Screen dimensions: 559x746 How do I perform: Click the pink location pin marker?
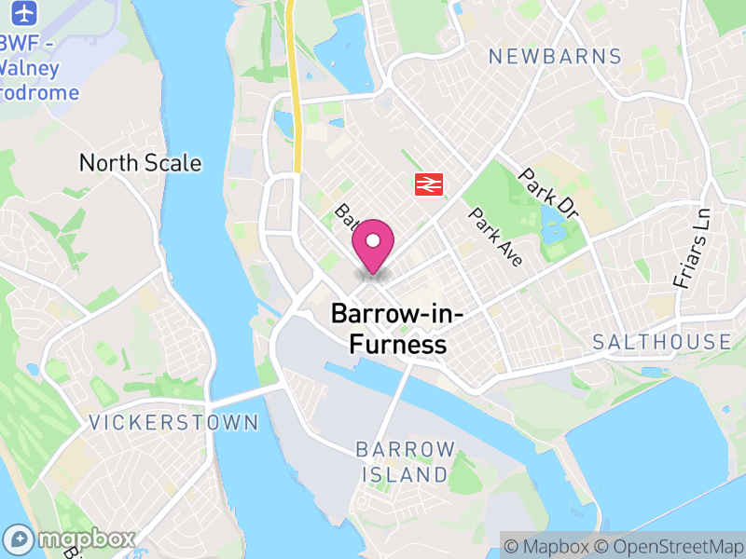coord(373,244)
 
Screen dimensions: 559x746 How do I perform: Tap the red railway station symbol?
coord(428,184)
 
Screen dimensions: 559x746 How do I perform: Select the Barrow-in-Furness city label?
coord(398,329)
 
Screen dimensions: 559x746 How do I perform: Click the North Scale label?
coord(140,163)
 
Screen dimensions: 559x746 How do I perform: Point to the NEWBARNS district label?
coord(555,57)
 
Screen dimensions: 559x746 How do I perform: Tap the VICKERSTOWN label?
coord(173,423)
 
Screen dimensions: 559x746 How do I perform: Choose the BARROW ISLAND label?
coord(405,462)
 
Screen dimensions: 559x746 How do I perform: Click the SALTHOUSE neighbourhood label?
coord(662,342)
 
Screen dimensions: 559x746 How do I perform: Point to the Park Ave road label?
coord(496,237)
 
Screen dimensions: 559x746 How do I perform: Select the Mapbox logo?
coord(70,539)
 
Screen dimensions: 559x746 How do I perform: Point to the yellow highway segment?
coord(295,102)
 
